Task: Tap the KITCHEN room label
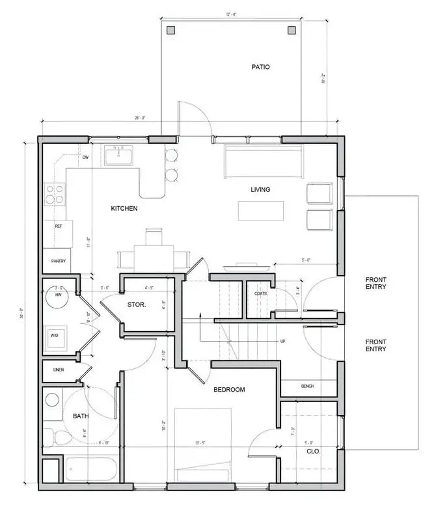[x=124, y=208]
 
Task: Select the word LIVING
[x=260, y=190]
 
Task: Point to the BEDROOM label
[x=229, y=390]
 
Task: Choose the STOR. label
[x=136, y=304]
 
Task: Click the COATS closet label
[x=261, y=293]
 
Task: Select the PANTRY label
[x=59, y=261]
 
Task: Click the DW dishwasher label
[x=85, y=157]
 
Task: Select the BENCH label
[x=307, y=386]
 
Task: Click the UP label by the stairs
[x=282, y=341]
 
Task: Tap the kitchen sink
[x=118, y=157]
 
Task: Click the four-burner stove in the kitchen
[x=55, y=195]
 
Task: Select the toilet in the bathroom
[x=53, y=437]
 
